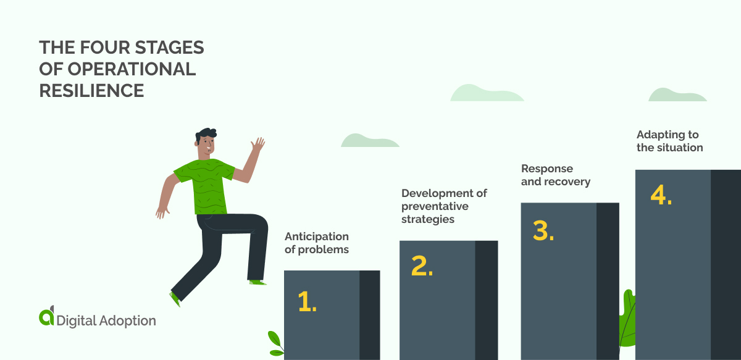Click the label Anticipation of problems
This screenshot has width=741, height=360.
point(317,243)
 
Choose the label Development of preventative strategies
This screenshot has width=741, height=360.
point(444,206)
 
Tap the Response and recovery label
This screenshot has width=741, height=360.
point(556,175)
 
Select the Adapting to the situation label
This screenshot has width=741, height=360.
point(669,141)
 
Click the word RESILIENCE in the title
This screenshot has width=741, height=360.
point(91,91)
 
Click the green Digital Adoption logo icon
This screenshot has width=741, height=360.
point(47,316)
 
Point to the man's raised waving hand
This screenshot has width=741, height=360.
point(257,146)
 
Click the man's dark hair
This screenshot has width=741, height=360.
point(206,134)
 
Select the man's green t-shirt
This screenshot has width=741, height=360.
point(204,185)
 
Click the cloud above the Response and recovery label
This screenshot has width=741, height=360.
point(487,93)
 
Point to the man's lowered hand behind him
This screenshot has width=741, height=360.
point(162,211)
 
